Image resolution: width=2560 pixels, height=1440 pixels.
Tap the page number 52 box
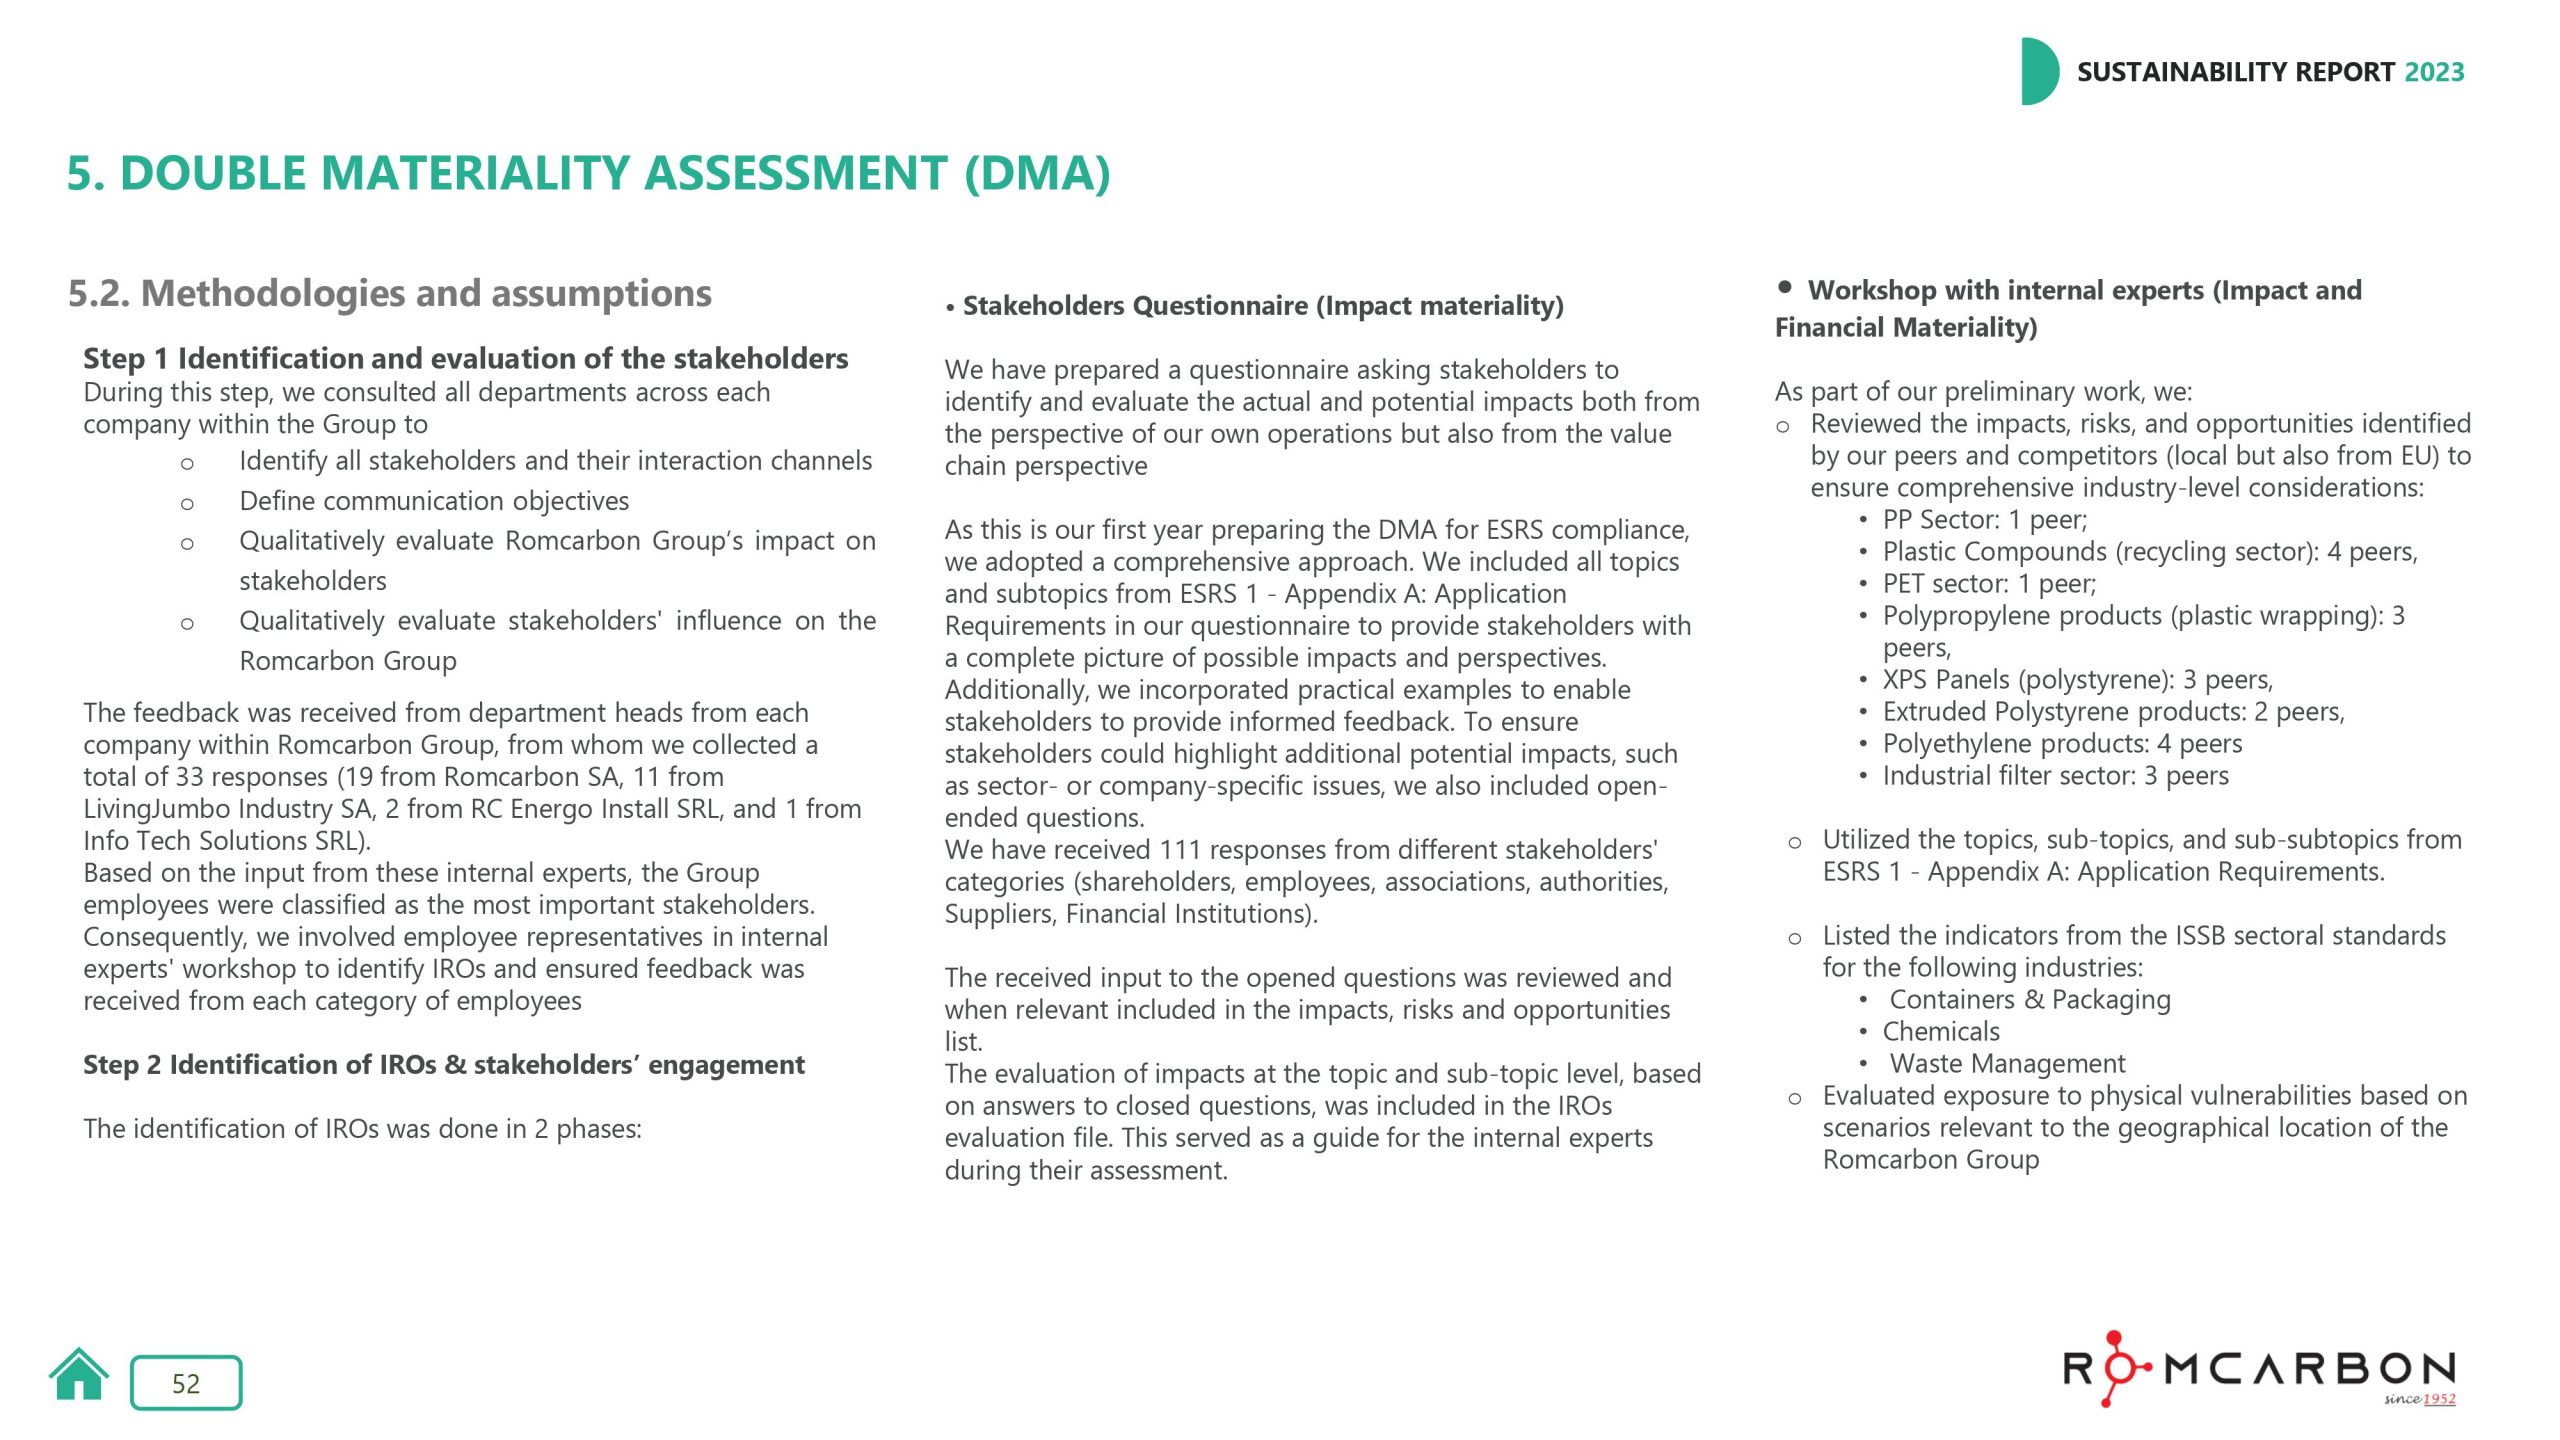[186, 1383]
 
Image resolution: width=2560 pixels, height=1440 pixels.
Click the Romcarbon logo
[2259, 1369]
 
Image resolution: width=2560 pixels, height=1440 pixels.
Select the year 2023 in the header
[2434, 72]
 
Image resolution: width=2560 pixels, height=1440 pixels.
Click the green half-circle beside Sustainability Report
[2038, 72]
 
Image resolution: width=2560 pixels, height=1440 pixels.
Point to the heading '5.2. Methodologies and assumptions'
[389, 293]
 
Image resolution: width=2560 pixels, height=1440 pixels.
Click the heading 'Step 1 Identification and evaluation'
[465, 358]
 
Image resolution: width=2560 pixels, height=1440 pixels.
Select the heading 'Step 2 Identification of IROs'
[443, 1064]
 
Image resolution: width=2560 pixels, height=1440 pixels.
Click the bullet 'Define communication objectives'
[434, 500]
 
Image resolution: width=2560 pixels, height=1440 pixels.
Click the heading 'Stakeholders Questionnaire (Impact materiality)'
[1262, 306]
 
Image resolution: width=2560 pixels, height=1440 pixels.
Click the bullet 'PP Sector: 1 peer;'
[1984, 520]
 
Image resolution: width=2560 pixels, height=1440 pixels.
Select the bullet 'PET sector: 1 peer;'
[1988, 584]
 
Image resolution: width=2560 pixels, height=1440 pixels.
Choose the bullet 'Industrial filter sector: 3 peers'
[2055, 776]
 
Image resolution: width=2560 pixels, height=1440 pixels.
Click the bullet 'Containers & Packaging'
[2029, 1000]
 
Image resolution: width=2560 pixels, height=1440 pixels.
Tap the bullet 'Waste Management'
[2006, 1064]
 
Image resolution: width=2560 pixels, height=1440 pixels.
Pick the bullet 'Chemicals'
[1941, 1032]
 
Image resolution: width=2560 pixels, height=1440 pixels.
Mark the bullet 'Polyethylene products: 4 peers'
[2061, 744]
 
